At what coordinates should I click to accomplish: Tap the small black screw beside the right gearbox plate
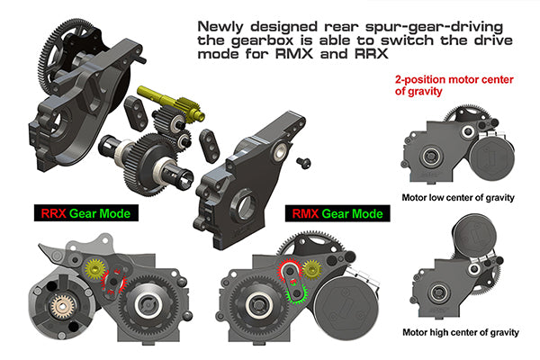[x=303, y=160]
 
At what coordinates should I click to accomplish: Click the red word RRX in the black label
[x=52, y=214]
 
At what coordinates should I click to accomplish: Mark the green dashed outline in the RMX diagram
[x=293, y=290]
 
